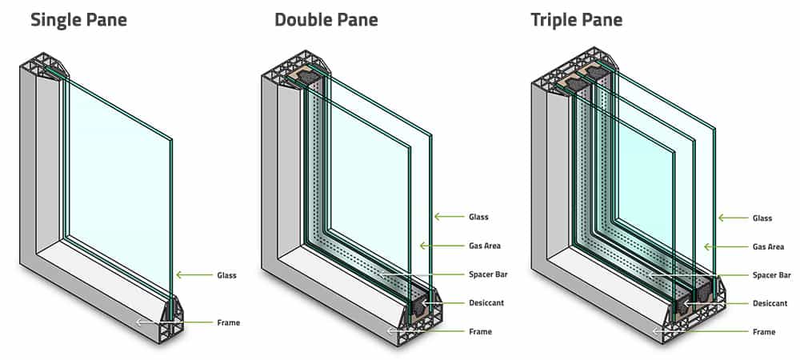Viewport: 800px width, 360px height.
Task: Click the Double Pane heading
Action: [x=327, y=19]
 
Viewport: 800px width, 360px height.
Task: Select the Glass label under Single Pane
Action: [x=226, y=275]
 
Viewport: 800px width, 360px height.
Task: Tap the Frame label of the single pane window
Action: [x=228, y=322]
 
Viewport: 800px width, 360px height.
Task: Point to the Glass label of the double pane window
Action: [x=478, y=217]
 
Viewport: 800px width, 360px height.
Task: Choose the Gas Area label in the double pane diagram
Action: [x=485, y=246]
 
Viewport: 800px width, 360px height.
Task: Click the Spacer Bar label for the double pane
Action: [x=488, y=274]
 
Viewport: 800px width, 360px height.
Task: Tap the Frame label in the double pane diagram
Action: [x=480, y=331]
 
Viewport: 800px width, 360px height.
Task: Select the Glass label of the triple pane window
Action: [x=762, y=218]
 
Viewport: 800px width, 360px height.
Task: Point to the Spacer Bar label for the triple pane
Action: [x=772, y=275]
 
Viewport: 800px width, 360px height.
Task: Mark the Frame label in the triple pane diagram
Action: [x=764, y=331]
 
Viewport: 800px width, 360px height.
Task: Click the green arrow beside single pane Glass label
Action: [x=192, y=275]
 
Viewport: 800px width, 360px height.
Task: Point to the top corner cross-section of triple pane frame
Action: [x=572, y=70]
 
